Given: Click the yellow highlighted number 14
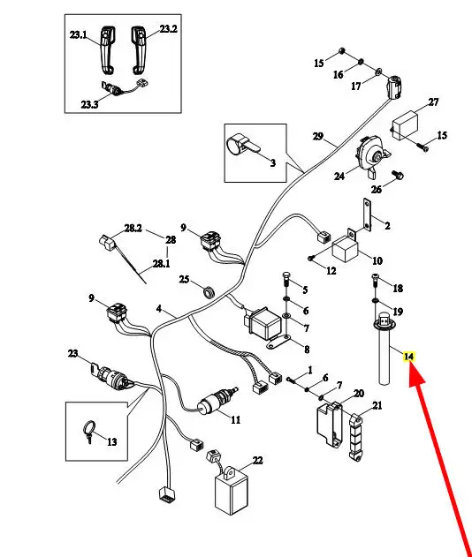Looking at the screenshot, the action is coord(408,357).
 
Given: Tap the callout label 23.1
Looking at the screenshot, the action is coord(78,34).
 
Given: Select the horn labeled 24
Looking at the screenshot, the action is coord(372,156).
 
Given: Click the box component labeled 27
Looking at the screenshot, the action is coord(405,125).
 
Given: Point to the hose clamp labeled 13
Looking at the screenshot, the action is coord(89,430).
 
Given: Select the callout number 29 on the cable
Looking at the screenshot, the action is coord(318,137).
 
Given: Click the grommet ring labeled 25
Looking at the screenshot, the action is coord(209,291).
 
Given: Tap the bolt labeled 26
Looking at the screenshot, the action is coord(397,175).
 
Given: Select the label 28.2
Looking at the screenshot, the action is coord(133,228).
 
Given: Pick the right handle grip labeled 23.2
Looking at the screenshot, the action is coord(139,49).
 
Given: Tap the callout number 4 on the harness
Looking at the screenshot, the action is coord(158,309).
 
